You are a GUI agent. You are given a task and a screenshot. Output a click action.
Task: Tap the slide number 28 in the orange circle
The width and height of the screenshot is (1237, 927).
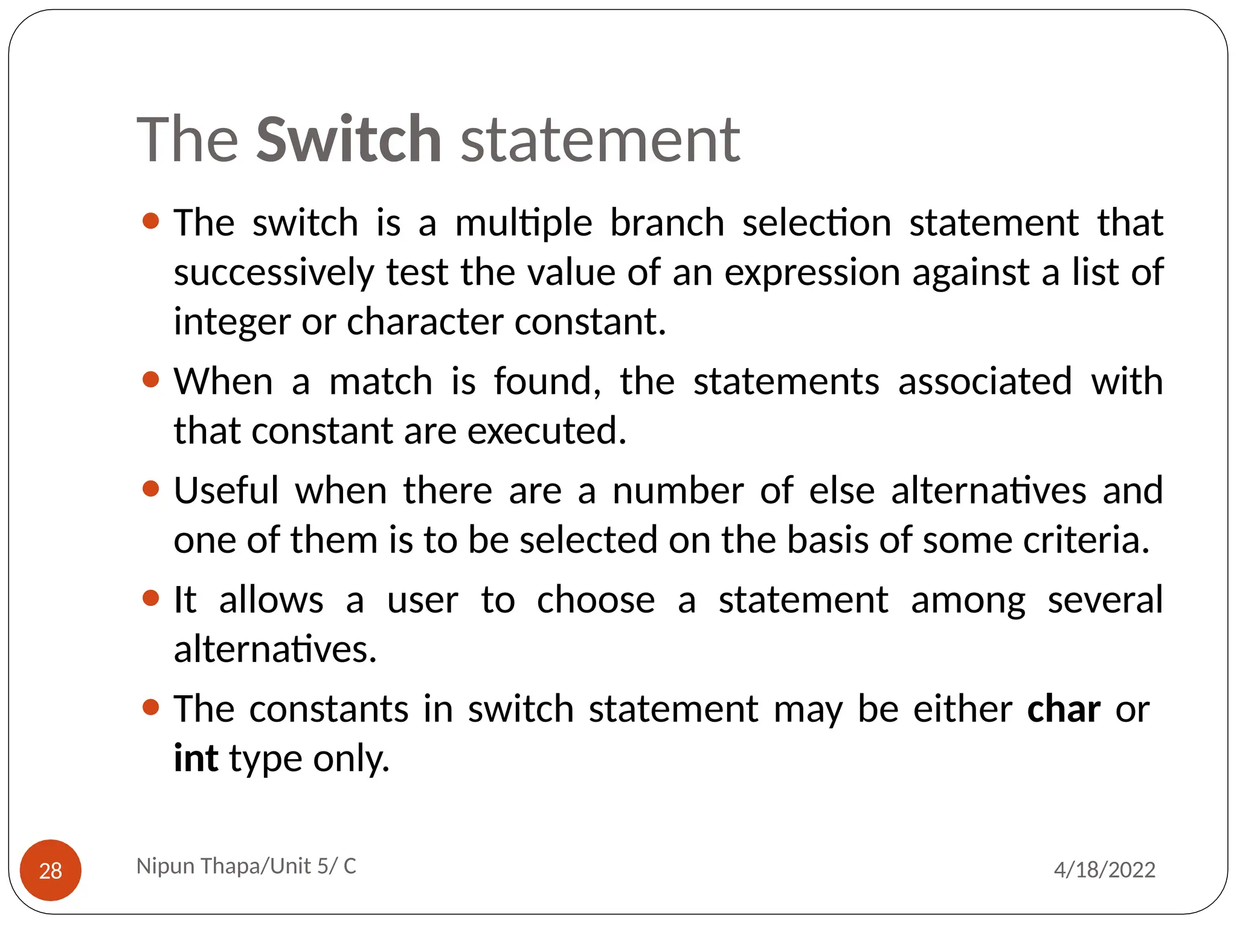click(x=51, y=870)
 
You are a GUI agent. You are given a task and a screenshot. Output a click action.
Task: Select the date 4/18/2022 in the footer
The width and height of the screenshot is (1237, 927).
click(x=1104, y=870)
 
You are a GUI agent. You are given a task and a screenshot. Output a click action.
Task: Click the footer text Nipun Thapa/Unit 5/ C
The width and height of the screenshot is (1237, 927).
click(x=246, y=866)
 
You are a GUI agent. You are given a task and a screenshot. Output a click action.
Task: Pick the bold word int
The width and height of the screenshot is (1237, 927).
click(x=196, y=758)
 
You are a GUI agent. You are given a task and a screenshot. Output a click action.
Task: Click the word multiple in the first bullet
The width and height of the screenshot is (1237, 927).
click(x=523, y=223)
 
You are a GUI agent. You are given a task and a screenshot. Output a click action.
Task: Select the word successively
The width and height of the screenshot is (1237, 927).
click(x=274, y=273)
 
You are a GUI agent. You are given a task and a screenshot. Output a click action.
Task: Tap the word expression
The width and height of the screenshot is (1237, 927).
click(x=812, y=273)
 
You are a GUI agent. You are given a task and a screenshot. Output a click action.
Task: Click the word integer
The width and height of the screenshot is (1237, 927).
click(x=232, y=322)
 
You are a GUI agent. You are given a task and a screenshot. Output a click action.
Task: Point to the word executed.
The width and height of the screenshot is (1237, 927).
click(x=547, y=431)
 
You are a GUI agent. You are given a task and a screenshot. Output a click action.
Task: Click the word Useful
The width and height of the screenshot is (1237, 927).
click(x=226, y=490)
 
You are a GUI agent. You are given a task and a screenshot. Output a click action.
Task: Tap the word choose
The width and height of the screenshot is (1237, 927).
click(x=596, y=600)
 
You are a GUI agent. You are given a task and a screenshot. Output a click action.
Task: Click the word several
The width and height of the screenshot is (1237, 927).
click(x=1105, y=600)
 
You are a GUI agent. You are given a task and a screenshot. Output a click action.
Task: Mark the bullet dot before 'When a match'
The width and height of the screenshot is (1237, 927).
click(x=150, y=380)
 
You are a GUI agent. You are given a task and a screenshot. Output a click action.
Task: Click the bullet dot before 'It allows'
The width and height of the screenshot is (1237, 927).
click(x=150, y=598)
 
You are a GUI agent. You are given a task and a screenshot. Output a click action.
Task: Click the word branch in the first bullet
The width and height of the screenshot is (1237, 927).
click(x=667, y=223)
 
